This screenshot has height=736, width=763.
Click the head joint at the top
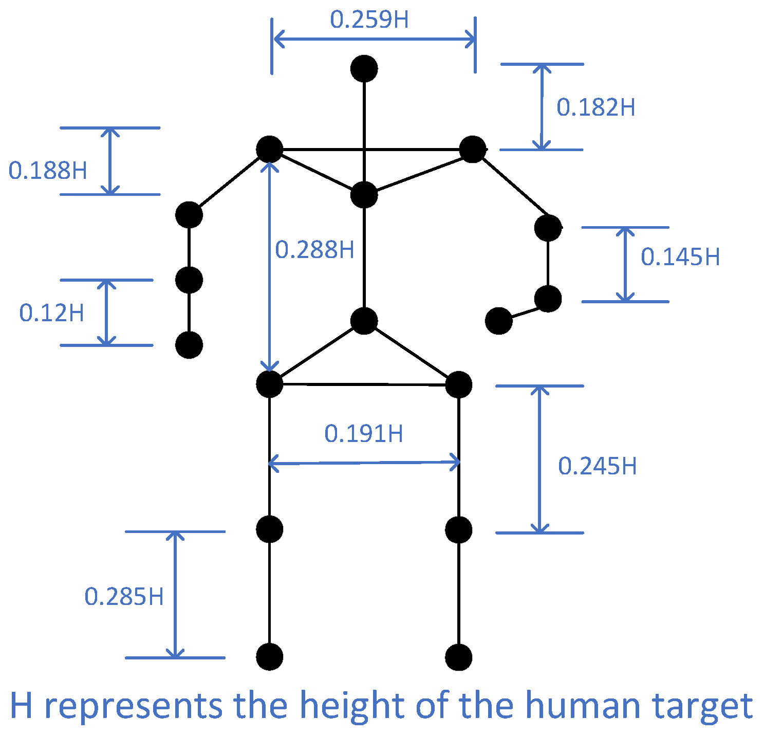tap(364, 68)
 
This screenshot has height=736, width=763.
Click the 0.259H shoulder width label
tap(369, 20)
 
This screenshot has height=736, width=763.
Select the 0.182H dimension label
tap(595, 107)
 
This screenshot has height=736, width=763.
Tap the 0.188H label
tap(48, 171)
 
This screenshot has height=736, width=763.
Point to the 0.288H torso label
tap(314, 250)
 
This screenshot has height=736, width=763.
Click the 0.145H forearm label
tap(680, 256)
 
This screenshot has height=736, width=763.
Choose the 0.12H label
tap(51, 312)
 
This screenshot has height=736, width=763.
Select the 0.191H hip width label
tap(363, 434)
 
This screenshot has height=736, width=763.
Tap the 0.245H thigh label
tap(597, 466)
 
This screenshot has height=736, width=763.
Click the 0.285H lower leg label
tap(124, 597)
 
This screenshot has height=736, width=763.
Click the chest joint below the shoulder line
tap(364, 195)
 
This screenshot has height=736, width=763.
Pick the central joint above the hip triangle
tap(364, 321)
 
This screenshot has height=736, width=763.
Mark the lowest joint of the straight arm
tap(189, 345)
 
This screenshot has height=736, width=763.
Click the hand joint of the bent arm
tap(499, 321)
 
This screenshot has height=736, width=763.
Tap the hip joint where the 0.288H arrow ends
tap(269, 384)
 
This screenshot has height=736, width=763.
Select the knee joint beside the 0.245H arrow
tap(458, 530)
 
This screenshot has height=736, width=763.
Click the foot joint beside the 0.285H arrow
tap(269, 657)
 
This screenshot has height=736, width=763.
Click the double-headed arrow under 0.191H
tap(364, 463)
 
